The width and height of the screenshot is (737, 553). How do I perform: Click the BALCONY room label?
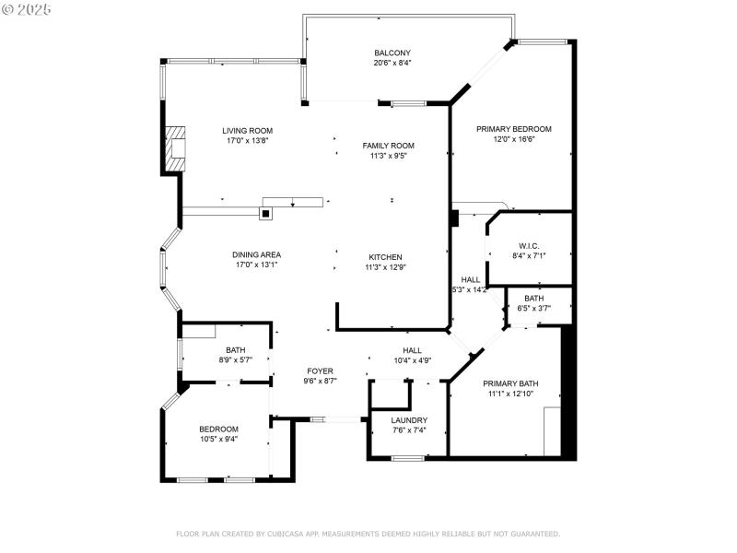tap(392, 53)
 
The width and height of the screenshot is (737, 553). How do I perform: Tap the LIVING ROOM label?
tap(247, 131)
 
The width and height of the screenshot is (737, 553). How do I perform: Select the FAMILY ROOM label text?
tap(388, 146)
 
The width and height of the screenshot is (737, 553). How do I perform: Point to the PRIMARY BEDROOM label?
tap(513, 129)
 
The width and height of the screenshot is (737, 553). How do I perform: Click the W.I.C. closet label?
tap(528, 246)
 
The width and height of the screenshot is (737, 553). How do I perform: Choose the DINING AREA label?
tap(256, 254)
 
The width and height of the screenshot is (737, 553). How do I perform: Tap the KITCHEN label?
tap(385, 257)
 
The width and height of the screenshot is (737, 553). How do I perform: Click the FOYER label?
tap(320, 371)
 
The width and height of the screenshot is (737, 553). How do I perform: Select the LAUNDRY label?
tap(409, 420)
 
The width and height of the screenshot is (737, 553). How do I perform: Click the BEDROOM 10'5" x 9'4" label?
tap(218, 429)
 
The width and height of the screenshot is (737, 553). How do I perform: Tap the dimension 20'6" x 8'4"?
tap(392, 64)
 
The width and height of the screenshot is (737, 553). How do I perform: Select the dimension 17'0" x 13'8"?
tap(247, 141)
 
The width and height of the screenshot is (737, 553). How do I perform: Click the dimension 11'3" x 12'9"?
tap(385, 267)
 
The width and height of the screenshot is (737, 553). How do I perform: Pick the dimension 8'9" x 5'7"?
tap(236, 360)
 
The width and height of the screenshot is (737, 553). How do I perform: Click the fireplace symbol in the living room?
tap(174, 147)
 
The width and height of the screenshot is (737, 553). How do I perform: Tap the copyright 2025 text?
tap(27, 8)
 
